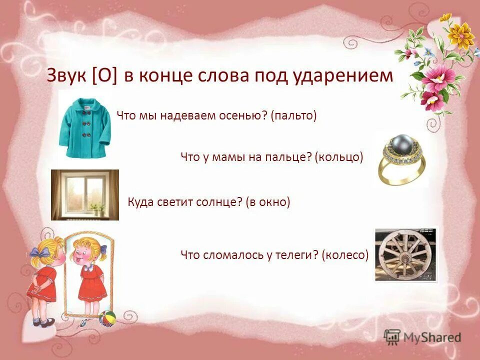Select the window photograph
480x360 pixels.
pyautogui.click(x=85, y=194)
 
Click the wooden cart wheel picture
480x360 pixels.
pyautogui.click(x=405, y=253)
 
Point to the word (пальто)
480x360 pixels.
pyautogui.click(x=294, y=116)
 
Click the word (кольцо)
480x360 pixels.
pyautogui.click(x=339, y=157)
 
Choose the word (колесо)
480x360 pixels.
pyautogui.click(x=345, y=255)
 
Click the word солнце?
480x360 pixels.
pyautogui.click(x=219, y=202)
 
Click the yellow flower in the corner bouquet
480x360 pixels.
pyautogui.click(x=460, y=35)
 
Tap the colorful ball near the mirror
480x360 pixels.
pyautogui.click(x=107, y=318)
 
